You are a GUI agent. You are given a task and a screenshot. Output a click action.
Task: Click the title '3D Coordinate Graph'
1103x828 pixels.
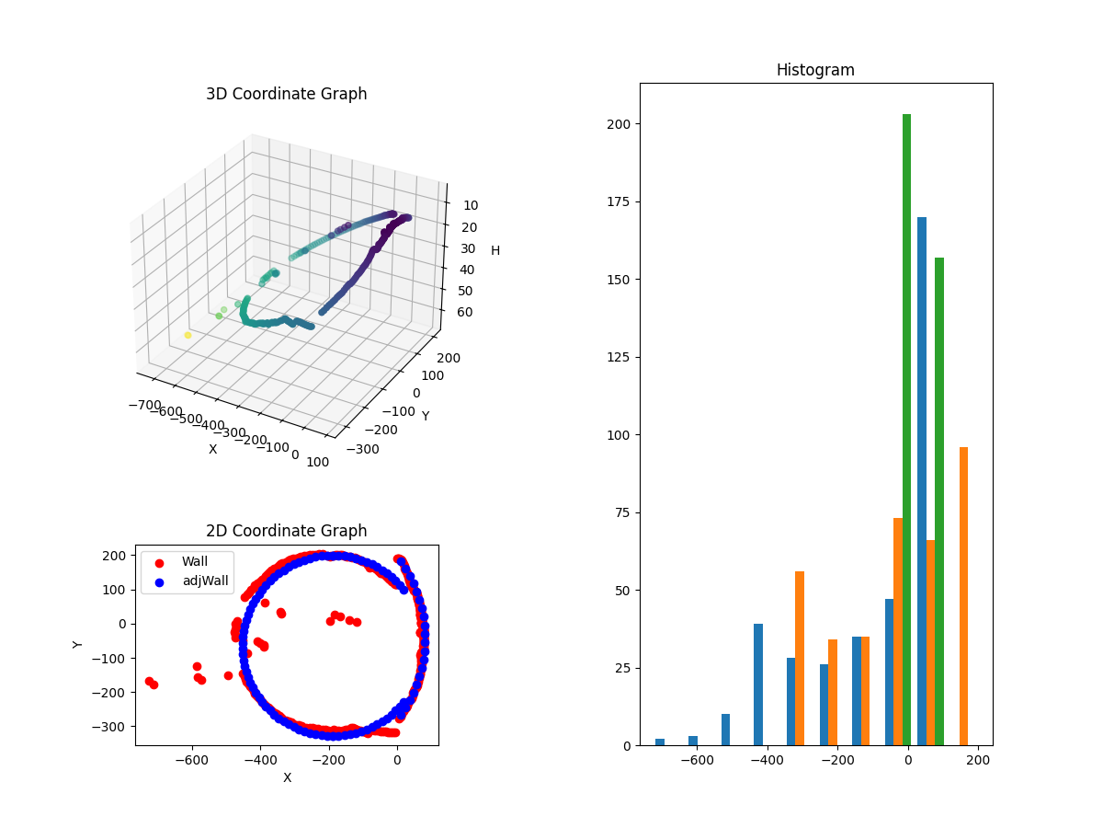286,94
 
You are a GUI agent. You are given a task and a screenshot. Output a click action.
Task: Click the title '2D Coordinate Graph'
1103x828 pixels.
286,531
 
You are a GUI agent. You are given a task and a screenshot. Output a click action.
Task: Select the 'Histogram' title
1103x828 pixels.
815,70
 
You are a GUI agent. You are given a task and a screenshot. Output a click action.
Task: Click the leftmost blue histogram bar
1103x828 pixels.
660,742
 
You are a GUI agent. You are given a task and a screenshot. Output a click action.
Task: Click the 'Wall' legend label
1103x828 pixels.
195,561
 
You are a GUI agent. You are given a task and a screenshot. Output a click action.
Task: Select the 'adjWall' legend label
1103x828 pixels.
205,581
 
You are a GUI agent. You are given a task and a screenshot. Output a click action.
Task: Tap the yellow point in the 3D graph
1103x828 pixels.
188,335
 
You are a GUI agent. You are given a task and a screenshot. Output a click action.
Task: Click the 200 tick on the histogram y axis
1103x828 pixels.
618,124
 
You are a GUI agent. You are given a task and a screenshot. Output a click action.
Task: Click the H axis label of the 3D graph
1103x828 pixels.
495,250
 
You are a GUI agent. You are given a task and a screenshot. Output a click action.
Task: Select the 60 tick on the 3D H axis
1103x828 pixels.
464,312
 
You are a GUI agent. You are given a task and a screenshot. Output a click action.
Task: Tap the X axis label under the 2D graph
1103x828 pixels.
287,777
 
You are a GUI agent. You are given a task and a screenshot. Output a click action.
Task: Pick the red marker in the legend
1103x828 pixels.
159,562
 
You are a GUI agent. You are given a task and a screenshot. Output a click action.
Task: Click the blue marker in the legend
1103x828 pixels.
159,581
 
